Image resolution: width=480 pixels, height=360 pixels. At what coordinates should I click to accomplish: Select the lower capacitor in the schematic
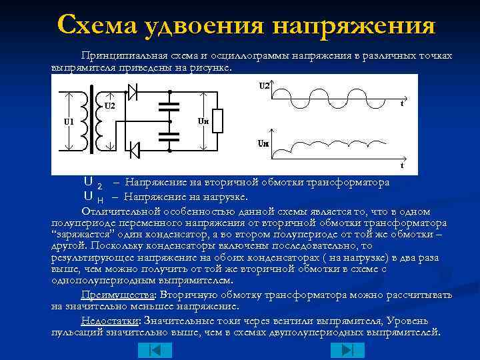(170, 135)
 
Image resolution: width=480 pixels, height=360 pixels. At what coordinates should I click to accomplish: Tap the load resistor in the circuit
(217, 121)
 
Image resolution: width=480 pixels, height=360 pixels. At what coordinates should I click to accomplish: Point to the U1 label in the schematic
(69, 121)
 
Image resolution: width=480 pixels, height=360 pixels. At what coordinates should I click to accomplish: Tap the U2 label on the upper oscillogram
(265, 85)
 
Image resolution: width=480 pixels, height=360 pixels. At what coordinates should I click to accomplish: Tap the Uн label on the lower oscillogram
(264, 143)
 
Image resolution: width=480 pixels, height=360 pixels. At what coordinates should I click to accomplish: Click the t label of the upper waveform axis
(402, 103)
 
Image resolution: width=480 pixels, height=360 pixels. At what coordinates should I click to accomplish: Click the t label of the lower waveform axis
(402, 164)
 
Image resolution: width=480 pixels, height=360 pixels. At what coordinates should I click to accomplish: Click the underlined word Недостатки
(105, 320)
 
